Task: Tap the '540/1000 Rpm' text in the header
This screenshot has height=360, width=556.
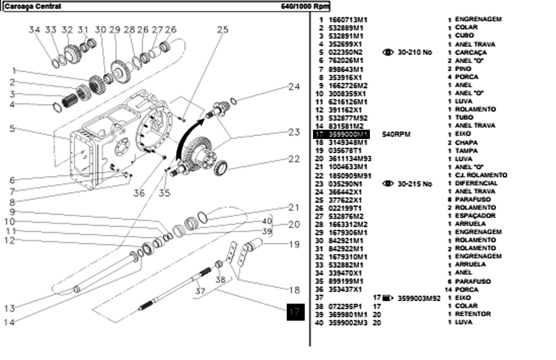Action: click(305, 7)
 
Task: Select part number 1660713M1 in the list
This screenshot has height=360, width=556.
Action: click(348, 20)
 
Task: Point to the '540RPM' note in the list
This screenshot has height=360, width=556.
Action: click(397, 134)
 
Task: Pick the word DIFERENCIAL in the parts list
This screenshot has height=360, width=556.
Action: click(476, 184)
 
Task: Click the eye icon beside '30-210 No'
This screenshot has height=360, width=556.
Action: click(388, 52)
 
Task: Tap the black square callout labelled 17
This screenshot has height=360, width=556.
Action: click(295, 312)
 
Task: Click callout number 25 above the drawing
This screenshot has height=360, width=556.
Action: click(222, 30)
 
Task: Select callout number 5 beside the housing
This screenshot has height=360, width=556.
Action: click(12, 129)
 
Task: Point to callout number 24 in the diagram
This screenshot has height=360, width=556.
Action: click(294, 87)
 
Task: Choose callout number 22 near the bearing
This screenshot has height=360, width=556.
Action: click(294, 159)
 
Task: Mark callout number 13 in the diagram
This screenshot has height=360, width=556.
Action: click(9, 308)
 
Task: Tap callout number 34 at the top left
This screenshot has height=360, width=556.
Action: click(34, 30)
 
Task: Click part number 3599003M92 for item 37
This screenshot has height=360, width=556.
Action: click(419, 298)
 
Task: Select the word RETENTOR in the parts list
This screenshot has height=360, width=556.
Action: click(472, 314)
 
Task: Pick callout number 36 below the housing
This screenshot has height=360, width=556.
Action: click(139, 193)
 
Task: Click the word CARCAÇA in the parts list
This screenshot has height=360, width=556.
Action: click(470, 52)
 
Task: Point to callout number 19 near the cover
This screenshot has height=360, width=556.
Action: click(294, 244)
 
